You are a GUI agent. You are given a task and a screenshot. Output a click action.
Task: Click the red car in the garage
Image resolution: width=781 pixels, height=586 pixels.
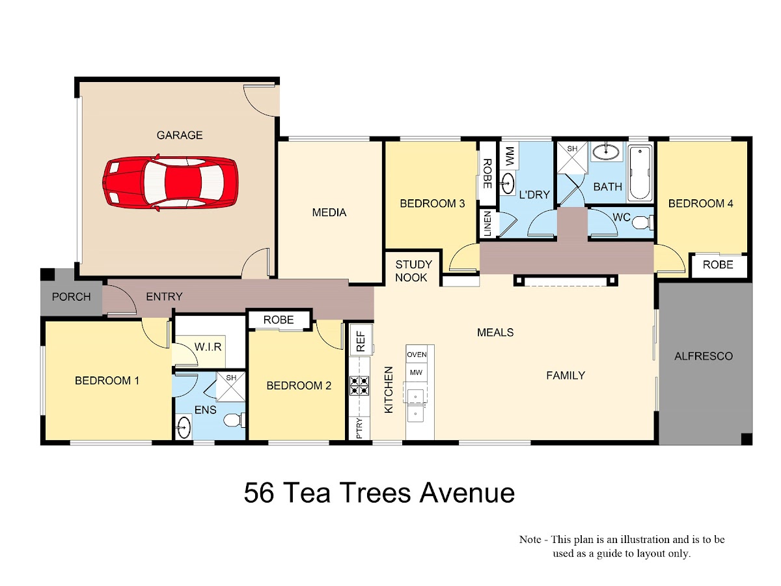[x=171, y=182]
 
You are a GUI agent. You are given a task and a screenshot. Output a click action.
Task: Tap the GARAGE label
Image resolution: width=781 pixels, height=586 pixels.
[x=180, y=135]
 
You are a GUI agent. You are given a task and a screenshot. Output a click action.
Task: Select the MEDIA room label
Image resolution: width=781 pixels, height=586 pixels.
[x=329, y=212]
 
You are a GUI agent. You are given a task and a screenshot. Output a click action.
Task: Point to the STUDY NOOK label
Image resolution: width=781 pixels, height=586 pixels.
[x=413, y=271]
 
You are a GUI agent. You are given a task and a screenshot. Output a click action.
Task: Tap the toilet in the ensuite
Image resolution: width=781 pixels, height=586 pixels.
[x=234, y=420]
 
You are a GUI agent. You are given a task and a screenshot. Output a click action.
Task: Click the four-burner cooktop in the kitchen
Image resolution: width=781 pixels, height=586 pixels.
[x=359, y=385]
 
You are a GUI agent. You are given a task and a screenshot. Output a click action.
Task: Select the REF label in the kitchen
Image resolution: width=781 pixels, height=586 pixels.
[x=361, y=341]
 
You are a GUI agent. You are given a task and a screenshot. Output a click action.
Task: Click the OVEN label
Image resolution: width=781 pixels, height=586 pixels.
[x=417, y=354]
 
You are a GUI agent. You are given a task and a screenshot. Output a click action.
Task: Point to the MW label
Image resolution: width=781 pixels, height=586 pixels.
[x=416, y=372]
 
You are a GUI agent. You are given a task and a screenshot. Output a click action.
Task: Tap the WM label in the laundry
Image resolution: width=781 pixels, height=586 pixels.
[x=510, y=156]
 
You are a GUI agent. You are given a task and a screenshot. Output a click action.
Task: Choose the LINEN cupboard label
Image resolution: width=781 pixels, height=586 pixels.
[x=487, y=223]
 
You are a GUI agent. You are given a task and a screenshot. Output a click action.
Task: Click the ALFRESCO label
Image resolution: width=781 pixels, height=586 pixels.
[x=703, y=356]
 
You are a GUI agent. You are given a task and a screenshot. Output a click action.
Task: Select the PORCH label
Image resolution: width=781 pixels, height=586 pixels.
[x=71, y=297]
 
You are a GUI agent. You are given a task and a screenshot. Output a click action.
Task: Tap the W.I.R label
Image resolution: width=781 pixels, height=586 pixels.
[x=208, y=346]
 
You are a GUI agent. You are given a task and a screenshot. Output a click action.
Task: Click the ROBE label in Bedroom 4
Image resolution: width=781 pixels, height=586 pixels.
[x=718, y=265]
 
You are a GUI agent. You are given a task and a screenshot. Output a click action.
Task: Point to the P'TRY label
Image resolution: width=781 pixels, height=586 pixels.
[x=359, y=428]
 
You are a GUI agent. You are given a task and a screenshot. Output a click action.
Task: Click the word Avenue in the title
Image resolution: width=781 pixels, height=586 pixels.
[x=467, y=493]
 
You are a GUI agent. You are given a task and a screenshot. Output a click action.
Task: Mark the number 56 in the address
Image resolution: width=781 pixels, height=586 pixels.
[x=258, y=492]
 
